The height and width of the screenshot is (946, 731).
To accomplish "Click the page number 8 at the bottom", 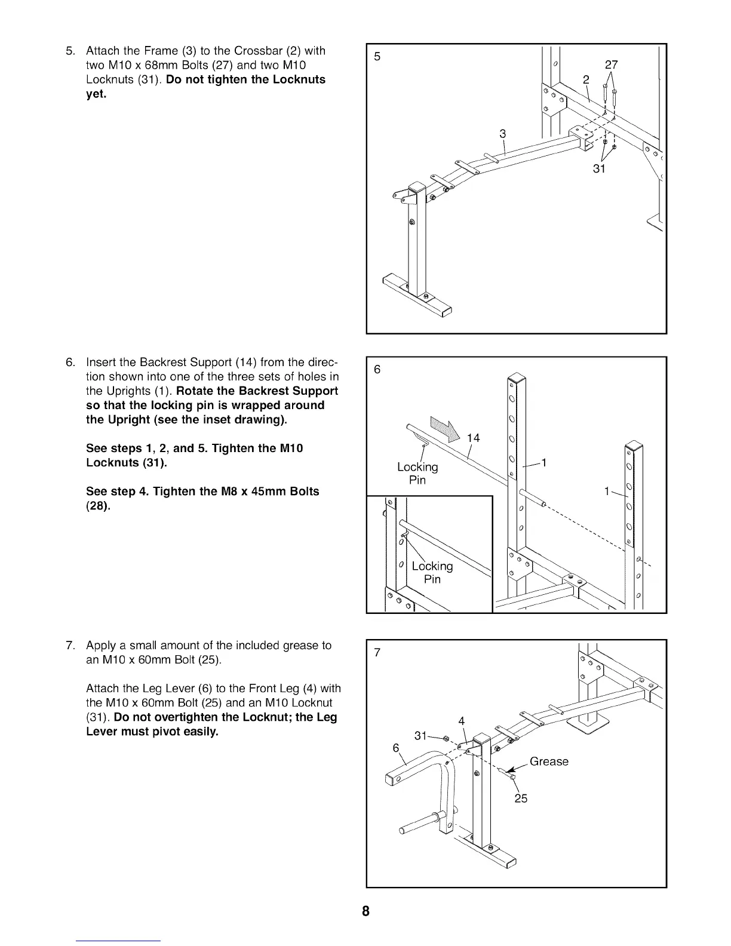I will [x=365, y=911].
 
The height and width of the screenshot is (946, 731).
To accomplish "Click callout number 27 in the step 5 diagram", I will [x=611, y=65].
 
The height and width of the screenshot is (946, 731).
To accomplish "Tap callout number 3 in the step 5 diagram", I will [x=503, y=134].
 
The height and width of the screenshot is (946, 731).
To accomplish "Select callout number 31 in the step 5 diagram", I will [x=599, y=169].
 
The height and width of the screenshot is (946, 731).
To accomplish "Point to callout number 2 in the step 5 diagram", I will [x=586, y=80].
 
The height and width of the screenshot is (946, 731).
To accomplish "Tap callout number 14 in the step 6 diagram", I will [x=473, y=439].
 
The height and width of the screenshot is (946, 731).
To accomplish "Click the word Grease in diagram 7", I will [x=549, y=761].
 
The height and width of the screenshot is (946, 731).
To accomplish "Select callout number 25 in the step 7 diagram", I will [x=521, y=798].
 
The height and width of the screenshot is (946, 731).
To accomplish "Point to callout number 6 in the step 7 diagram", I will [x=395, y=748].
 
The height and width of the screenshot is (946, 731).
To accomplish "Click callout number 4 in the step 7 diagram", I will [x=462, y=721].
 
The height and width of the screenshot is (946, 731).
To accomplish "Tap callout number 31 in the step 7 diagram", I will [x=420, y=736].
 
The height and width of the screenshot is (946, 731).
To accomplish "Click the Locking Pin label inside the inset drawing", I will [x=432, y=572].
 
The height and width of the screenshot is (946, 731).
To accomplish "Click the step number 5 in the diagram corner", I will [x=377, y=57].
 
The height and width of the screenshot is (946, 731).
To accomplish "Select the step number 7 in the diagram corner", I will [x=377, y=653].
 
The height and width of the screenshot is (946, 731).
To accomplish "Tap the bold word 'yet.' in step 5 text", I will [x=96, y=94].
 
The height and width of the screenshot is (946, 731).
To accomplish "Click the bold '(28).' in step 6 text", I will [x=99, y=506].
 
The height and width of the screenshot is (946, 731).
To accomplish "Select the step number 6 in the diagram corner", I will [x=377, y=369].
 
